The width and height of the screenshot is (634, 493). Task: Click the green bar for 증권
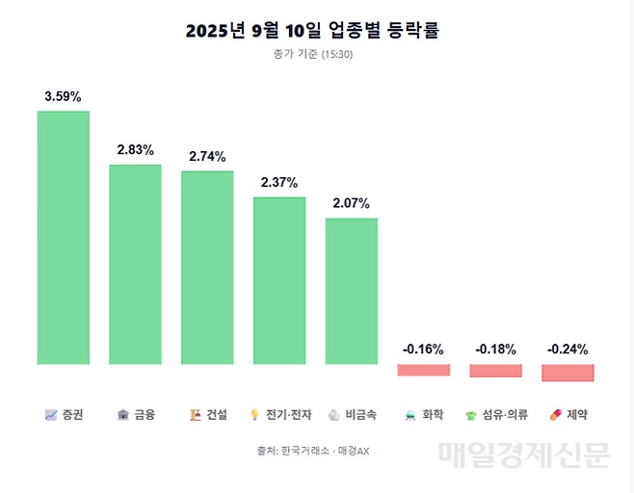(x=64, y=238)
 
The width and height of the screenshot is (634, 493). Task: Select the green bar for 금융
(x=135, y=265)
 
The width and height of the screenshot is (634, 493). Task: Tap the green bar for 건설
(x=207, y=268)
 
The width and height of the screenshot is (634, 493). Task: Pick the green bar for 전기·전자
(x=279, y=281)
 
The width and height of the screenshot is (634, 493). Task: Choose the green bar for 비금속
(x=352, y=292)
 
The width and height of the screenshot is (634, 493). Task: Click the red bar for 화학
(x=424, y=370)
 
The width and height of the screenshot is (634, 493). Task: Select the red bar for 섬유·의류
(x=495, y=371)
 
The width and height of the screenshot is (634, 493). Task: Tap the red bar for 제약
(x=568, y=372)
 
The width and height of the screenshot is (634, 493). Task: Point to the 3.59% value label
(x=64, y=97)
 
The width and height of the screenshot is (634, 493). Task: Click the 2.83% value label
(x=136, y=150)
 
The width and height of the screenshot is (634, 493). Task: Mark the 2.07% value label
(x=351, y=203)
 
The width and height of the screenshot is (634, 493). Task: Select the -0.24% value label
(x=568, y=350)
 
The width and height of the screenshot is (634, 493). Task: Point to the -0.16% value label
(x=424, y=350)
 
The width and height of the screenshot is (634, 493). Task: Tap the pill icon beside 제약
(x=554, y=415)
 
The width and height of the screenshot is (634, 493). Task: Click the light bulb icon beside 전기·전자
(x=255, y=415)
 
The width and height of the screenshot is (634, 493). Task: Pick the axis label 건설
(x=217, y=415)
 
